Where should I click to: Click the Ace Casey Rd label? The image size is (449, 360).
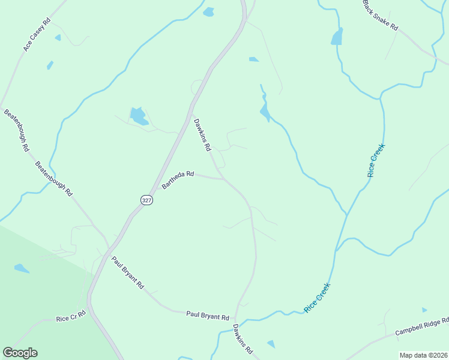[x=37, y=34]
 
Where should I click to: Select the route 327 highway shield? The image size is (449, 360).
[x=147, y=200]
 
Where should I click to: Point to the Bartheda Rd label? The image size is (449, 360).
[x=178, y=180]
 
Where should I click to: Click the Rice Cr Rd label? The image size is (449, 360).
[x=71, y=317]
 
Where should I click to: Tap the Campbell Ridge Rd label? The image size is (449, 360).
[x=421, y=327]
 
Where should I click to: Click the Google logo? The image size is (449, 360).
[x=20, y=353]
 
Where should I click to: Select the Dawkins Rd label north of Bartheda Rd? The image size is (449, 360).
[x=202, y=134]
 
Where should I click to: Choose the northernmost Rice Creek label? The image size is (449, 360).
[x=376, y=160]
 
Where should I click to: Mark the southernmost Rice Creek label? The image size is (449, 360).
[x=318, y=297]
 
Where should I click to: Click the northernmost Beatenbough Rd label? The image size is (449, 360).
[x=17, y=130]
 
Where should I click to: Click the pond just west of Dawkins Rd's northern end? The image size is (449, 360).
[x=139, y=116]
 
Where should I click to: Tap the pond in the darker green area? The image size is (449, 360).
[x=21, y=268]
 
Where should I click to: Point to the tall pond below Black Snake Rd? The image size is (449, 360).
[x=337, y=37]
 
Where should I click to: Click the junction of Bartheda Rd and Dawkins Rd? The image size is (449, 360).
[x=223, y=179]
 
